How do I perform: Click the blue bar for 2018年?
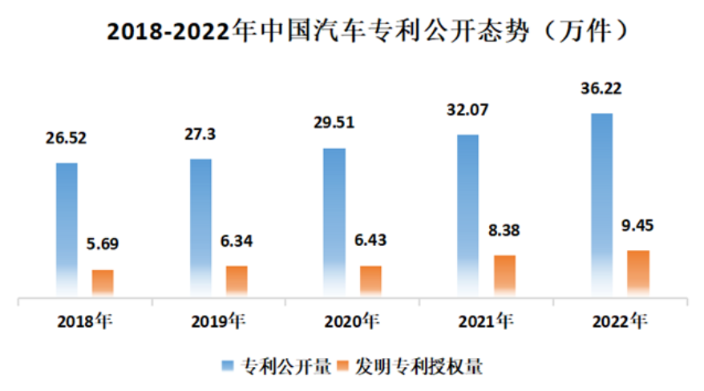coord(67,228)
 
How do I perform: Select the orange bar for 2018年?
coord(103,282)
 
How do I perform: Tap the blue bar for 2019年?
coord(200,226)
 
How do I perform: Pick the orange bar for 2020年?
coord(370,280)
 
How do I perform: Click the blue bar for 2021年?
coord(468,214)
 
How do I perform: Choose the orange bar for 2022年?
coord(638,272)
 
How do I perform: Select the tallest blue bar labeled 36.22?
coord(601,204)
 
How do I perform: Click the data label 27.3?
coord(200,133)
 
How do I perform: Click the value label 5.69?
coord(103,244)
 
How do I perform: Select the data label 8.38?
coord(504,230)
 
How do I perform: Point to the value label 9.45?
coord(638,225)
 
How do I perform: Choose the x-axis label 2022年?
coord(619,322)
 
